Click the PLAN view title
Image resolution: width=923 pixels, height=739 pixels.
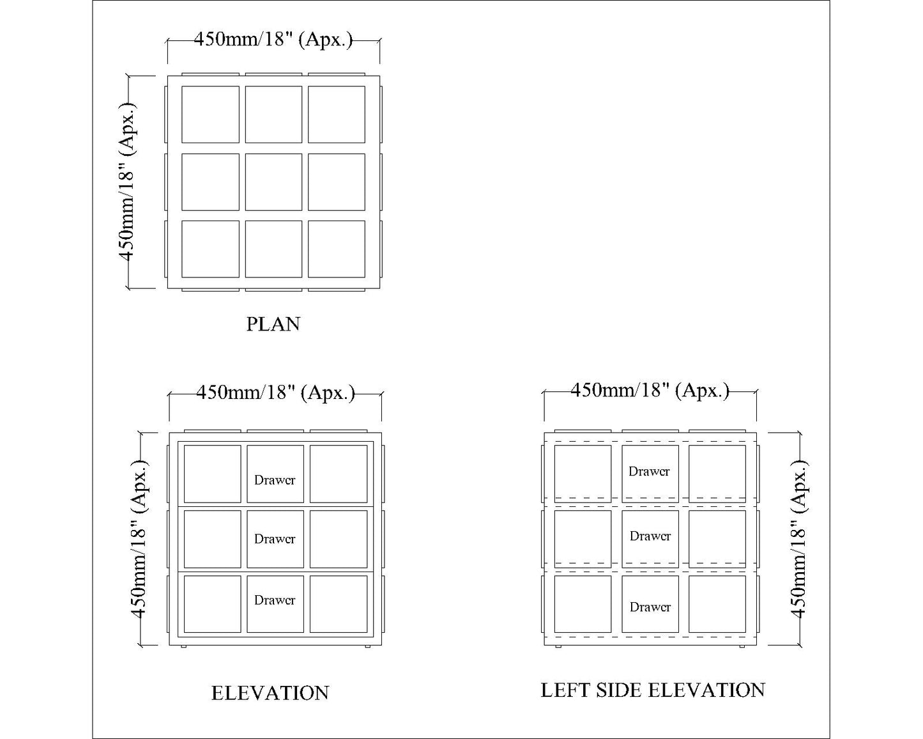click(273, 324)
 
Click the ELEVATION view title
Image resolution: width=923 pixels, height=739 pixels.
click(270, 693)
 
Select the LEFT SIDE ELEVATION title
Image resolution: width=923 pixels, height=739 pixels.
click(652, 690)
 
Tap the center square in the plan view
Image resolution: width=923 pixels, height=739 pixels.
click(273, 182)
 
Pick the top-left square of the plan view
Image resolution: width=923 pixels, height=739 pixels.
click(210, 114)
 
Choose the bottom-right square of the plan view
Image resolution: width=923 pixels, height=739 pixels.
click(337, 249)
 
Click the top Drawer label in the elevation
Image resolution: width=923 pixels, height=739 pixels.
click(275, 480)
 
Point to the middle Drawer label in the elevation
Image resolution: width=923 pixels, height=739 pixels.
click(275, 539)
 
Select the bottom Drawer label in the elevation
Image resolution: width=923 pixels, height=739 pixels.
click(275, 600)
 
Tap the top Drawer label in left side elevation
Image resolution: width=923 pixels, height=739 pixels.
click(649, 472)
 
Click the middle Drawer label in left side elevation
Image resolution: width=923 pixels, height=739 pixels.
click(650, 536)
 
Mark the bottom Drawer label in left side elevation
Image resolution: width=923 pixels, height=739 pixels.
click(650, 607)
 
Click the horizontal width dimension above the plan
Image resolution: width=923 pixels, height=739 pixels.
click(273, 40)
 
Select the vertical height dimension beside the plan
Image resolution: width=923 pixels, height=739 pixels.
click(128, 182)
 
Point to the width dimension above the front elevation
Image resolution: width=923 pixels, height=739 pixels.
click(275, 393)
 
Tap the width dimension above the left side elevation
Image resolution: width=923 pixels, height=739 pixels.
click(650, 391)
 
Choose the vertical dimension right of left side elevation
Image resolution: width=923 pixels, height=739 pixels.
click(800, 539)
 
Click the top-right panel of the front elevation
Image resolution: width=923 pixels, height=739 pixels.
click(339, 474)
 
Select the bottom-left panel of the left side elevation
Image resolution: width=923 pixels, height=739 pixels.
click(583, 604)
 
